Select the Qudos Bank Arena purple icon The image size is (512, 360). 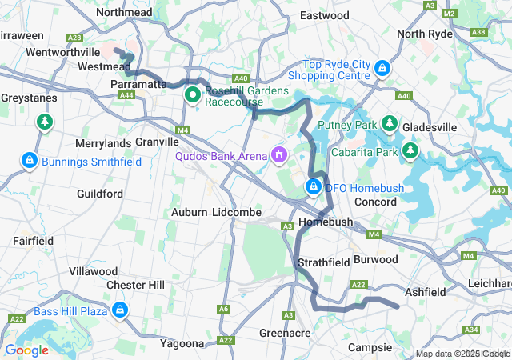point(279,154)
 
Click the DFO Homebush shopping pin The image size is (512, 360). point(314,187)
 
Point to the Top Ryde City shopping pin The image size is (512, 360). point(383,69)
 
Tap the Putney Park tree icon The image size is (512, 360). point(390,124)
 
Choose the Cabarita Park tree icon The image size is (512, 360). point(410,150)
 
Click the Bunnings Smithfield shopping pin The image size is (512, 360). point(29,161)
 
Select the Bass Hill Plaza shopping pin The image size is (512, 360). point(120,309)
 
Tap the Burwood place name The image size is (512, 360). point(375,259)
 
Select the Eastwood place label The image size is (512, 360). point(324,15)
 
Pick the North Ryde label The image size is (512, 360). point(424,34)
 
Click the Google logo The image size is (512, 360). point(26,350)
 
